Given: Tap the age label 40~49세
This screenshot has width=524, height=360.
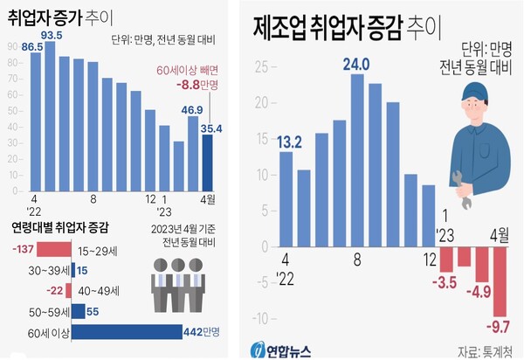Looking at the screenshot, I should [x=101, y=290].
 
